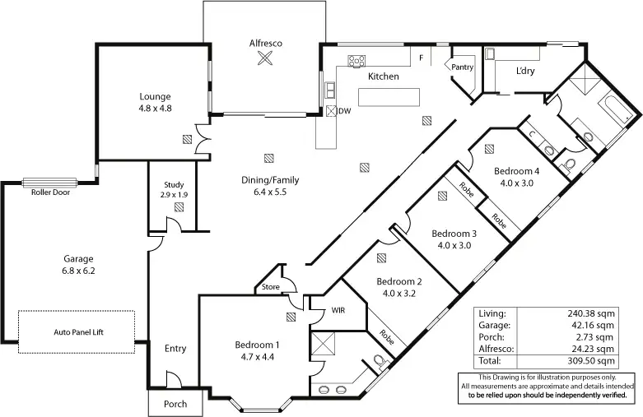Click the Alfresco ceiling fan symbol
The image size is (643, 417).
(x=265, y=58)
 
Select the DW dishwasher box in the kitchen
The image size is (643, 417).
(x=331, y=112)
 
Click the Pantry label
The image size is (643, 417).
(x=462, y=67)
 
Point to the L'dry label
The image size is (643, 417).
(x=526, y=71)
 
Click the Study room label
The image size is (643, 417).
(x=174, y=185)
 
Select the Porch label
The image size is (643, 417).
(x=175, y=404)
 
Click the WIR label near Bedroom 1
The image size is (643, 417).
(x=338, y=311)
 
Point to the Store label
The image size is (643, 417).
(x=271, y=287)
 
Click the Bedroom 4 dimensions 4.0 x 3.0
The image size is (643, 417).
(x=517, y=183)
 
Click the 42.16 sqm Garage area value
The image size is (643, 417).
(x=596, y=326)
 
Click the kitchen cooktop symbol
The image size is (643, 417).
(x=357, y=60)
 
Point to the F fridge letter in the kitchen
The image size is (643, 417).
(x=421, y=58)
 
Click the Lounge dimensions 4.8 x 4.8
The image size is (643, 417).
(x=155, y=108)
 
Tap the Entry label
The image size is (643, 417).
(x=175, y=349)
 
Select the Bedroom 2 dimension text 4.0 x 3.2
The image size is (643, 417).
(x=400, y=292)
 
